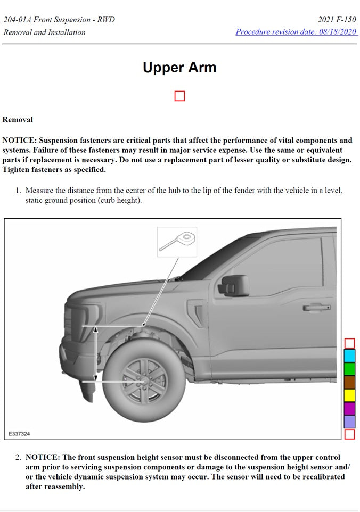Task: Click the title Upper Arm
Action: pos(179,68)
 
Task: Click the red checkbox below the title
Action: pos(179,96)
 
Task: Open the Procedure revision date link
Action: pos(296,32)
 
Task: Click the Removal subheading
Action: pos(18,120)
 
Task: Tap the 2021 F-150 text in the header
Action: pos(338,20)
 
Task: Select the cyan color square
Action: pos(349,356)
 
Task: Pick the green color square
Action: pos(349,369)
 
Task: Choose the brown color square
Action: pos(349,382)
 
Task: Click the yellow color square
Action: pos(349,395)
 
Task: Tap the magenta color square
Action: pos(349,409)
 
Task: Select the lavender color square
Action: pos(349,422)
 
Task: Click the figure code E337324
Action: pos(19,434)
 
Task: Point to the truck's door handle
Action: pos(316,308)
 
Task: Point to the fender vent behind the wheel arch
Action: pos(199,314)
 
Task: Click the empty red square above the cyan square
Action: pos(349,343)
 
